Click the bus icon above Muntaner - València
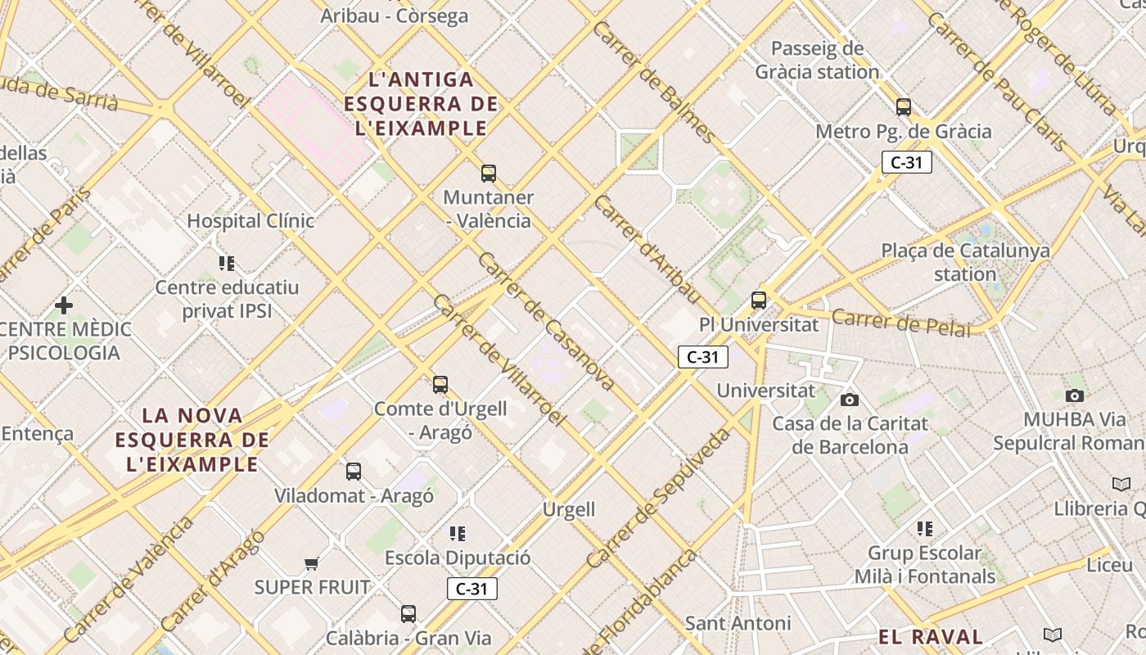tap(489, 174)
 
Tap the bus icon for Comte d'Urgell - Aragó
tap(440, 385)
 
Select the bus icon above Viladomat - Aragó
tap(354, 472)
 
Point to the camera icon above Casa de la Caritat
tap(850, 400)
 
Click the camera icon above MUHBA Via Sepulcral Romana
tap(1075, 395)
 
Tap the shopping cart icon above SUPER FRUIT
tap(311, 563)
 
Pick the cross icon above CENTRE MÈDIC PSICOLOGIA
tap(64, 305)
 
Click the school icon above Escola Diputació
tap(458, 534)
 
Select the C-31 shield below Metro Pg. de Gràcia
tap(907, 162)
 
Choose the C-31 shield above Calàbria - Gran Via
tap(472, 589)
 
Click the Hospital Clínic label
tap(250, 221)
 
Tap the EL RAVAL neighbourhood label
tap(931, 637)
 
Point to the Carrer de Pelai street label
tap(900, 323)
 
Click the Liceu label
tap(1109, 565)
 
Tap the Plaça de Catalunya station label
tap(965, 262)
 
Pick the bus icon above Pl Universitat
tap(759, 300)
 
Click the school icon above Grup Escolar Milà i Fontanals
tap(925, 529)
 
